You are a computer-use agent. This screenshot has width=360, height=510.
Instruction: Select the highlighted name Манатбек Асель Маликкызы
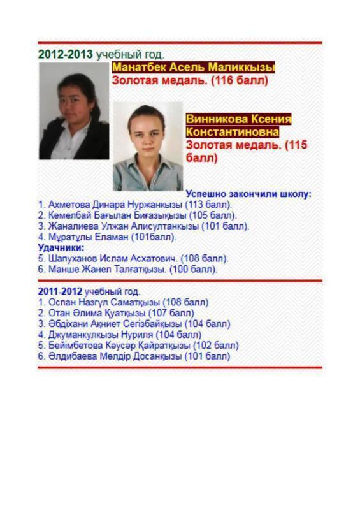coord(193,68)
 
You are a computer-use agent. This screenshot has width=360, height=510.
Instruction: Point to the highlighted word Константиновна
coord(232,132)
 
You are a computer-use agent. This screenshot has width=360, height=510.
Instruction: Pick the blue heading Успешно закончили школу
coord(248,194)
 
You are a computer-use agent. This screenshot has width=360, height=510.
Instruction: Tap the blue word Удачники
coord(61,247)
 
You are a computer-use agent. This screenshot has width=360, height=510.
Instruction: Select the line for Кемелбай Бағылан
coord(137,215)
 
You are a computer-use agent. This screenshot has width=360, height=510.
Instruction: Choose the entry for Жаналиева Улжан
coord(143,226)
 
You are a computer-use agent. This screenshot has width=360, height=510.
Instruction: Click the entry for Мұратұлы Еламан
coord(107,237)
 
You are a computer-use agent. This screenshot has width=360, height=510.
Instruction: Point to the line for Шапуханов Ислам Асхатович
coord(133,259)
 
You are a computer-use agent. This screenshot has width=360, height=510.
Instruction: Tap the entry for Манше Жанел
coord(127,269)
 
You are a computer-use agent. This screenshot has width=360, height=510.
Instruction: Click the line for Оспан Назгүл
coord(123,302)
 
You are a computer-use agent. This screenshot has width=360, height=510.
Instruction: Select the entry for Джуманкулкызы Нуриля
coord(119,334)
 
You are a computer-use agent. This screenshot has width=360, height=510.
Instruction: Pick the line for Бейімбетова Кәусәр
coord(138,345)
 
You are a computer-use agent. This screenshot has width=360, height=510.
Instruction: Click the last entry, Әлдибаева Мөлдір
coord(134,356)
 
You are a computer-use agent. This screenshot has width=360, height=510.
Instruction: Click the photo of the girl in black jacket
coord(74,110)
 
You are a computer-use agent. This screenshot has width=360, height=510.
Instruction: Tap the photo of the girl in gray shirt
coord(148,146)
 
